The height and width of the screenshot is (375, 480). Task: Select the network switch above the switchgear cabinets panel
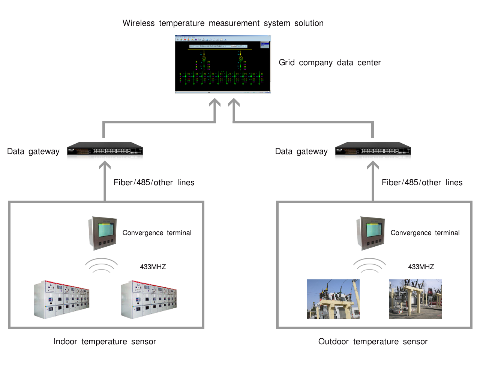[105, 151]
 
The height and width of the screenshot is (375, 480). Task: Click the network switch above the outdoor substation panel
[373, 151]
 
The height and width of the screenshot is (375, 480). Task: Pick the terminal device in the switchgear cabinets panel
[102, 233]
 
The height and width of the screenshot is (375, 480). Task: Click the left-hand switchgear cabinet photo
[61, 300]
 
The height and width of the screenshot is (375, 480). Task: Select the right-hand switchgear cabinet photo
[149, 300]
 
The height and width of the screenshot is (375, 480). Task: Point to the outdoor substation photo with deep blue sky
[333, 299]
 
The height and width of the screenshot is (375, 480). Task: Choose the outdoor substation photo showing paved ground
[415, 299]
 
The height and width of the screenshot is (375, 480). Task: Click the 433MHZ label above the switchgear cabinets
[153, 267]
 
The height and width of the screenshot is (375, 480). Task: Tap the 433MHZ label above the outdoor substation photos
[421, 267]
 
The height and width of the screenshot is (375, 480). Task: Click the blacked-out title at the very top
[223, 23]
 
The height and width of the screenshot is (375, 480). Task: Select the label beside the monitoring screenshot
[329, 63]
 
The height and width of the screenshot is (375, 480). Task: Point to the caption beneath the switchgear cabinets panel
[105, 341]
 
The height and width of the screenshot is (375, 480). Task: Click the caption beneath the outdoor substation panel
[373, 341]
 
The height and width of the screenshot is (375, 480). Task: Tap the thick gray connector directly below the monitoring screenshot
[224, 109]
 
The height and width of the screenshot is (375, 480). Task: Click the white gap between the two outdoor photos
[374, 299]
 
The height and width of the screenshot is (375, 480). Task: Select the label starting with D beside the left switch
[33, 151]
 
